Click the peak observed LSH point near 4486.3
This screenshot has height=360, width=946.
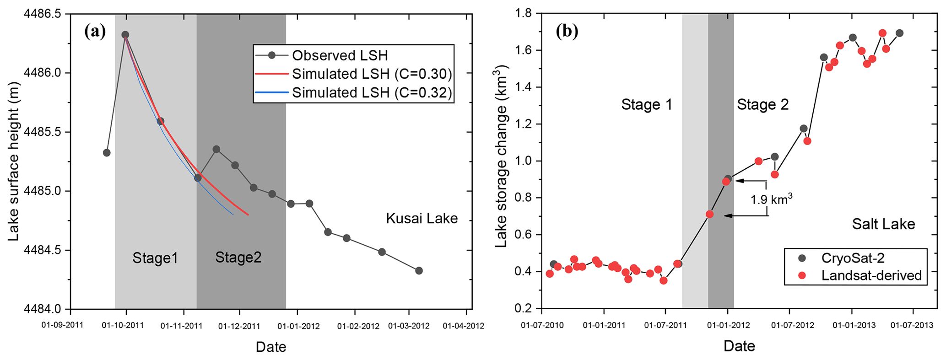[125, 35]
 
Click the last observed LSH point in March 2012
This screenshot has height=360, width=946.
[419, 271]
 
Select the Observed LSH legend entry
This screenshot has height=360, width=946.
[340, 55]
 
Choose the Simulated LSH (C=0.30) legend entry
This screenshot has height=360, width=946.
[372, 74]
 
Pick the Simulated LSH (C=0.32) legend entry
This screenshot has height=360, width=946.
[372, 92]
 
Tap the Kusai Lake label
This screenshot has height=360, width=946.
[422, 218]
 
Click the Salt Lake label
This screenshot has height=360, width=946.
[883, 224]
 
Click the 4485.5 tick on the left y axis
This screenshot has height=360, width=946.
[45, 132]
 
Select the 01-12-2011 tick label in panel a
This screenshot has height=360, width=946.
[239, 326]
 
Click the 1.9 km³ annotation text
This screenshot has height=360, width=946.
[771, 199]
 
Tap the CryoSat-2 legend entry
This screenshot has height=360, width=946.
[853, 258]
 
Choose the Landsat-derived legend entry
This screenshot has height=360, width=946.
[871, 275]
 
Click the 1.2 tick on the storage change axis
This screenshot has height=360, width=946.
[525, 124]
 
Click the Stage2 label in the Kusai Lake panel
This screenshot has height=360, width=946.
[238, 258]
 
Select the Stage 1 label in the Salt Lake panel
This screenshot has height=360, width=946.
[647, 105]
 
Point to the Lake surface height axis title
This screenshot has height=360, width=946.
[14, 161]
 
